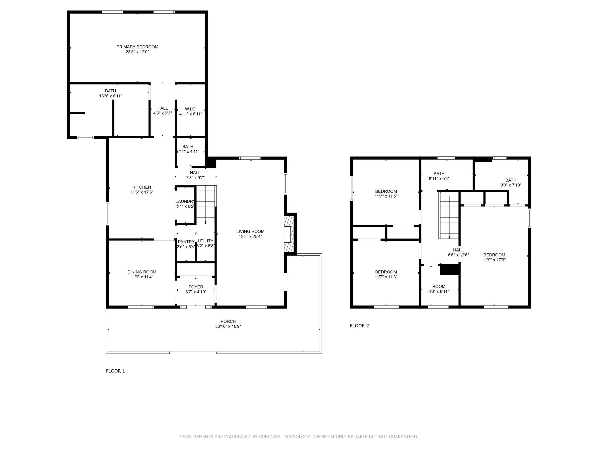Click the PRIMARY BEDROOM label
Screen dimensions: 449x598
coord(137,47)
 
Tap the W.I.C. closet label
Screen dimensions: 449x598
coord(191,109)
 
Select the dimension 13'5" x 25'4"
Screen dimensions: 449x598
coord(250,236)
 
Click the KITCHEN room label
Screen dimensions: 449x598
coord(142,187)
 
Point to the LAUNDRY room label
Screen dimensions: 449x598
coord(185,201)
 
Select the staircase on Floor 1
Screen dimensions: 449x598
coord(206,204)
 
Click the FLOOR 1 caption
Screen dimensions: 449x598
coord(115,371)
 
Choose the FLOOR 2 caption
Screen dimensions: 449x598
coord(359,326)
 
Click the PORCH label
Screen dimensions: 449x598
coord(228,321)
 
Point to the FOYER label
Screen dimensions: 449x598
coord(196,287)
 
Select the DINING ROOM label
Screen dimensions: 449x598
coord(142,272)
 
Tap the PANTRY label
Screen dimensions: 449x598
coord(186,242)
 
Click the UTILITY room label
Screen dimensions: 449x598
coord(206,241)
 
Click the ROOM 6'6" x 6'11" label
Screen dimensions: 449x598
coord(439,286)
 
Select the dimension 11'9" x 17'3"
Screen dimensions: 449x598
coord(494,260)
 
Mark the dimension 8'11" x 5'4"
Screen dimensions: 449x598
coord(439,179)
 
